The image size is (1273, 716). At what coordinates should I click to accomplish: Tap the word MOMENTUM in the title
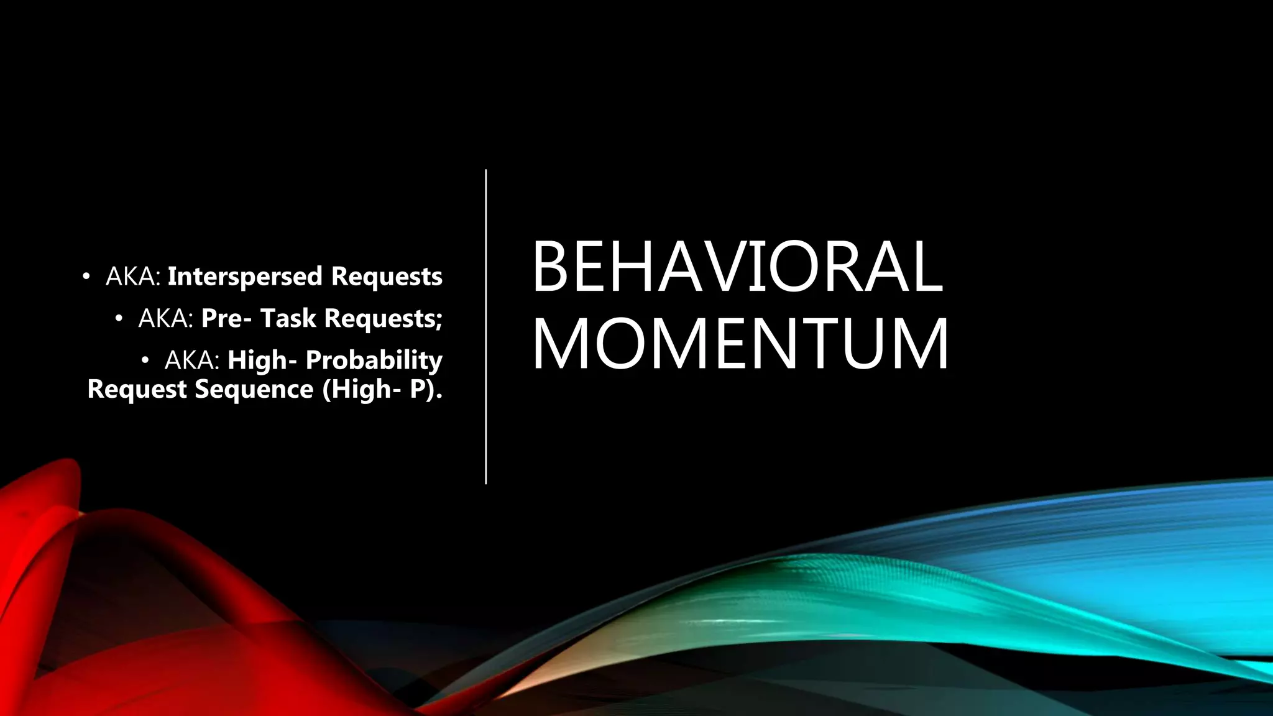pos(740,344)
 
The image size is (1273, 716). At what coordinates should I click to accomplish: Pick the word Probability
pos(374,360)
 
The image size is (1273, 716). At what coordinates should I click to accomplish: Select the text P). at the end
pos(426,390)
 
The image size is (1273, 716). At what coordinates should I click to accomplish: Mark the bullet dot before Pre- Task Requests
pos(119,318)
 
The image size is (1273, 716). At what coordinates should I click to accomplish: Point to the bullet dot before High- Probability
pos(145,360)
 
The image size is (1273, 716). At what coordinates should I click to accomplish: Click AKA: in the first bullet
pos(133,277)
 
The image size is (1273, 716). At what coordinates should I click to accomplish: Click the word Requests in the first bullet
pos(387,277)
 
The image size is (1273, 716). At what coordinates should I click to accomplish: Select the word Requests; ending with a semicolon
pos(383,318)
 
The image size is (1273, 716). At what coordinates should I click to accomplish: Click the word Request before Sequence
pos(137,390)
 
